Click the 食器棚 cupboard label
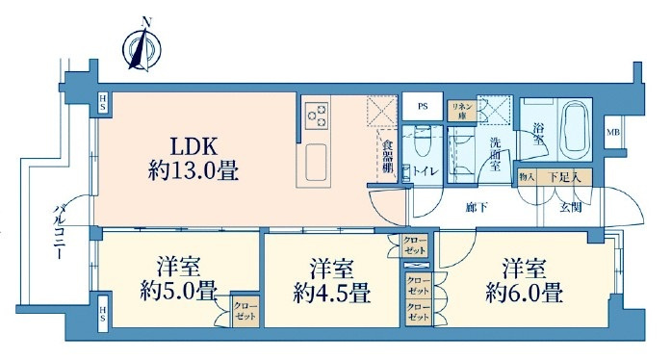click(x=386, y=156)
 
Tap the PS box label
click(x=423, y=107)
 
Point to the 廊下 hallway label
click(x=472, y=206)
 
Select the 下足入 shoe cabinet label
click(x=562, y=178)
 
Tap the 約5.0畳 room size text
click(x=179, y=291)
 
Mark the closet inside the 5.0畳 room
click(x=245, y=312)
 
